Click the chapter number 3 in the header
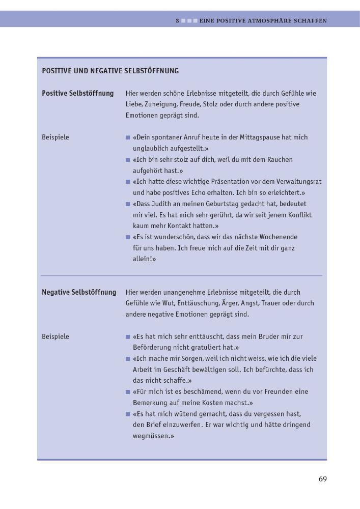177,21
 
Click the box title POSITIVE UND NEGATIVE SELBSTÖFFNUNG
110,71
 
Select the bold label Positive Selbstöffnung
77,93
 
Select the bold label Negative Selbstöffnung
78,292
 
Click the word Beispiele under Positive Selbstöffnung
55,137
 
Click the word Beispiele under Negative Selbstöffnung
55,336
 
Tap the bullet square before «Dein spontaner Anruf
128,137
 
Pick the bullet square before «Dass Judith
128,204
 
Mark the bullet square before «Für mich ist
128,392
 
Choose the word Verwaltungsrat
298,182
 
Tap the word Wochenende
277,237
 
